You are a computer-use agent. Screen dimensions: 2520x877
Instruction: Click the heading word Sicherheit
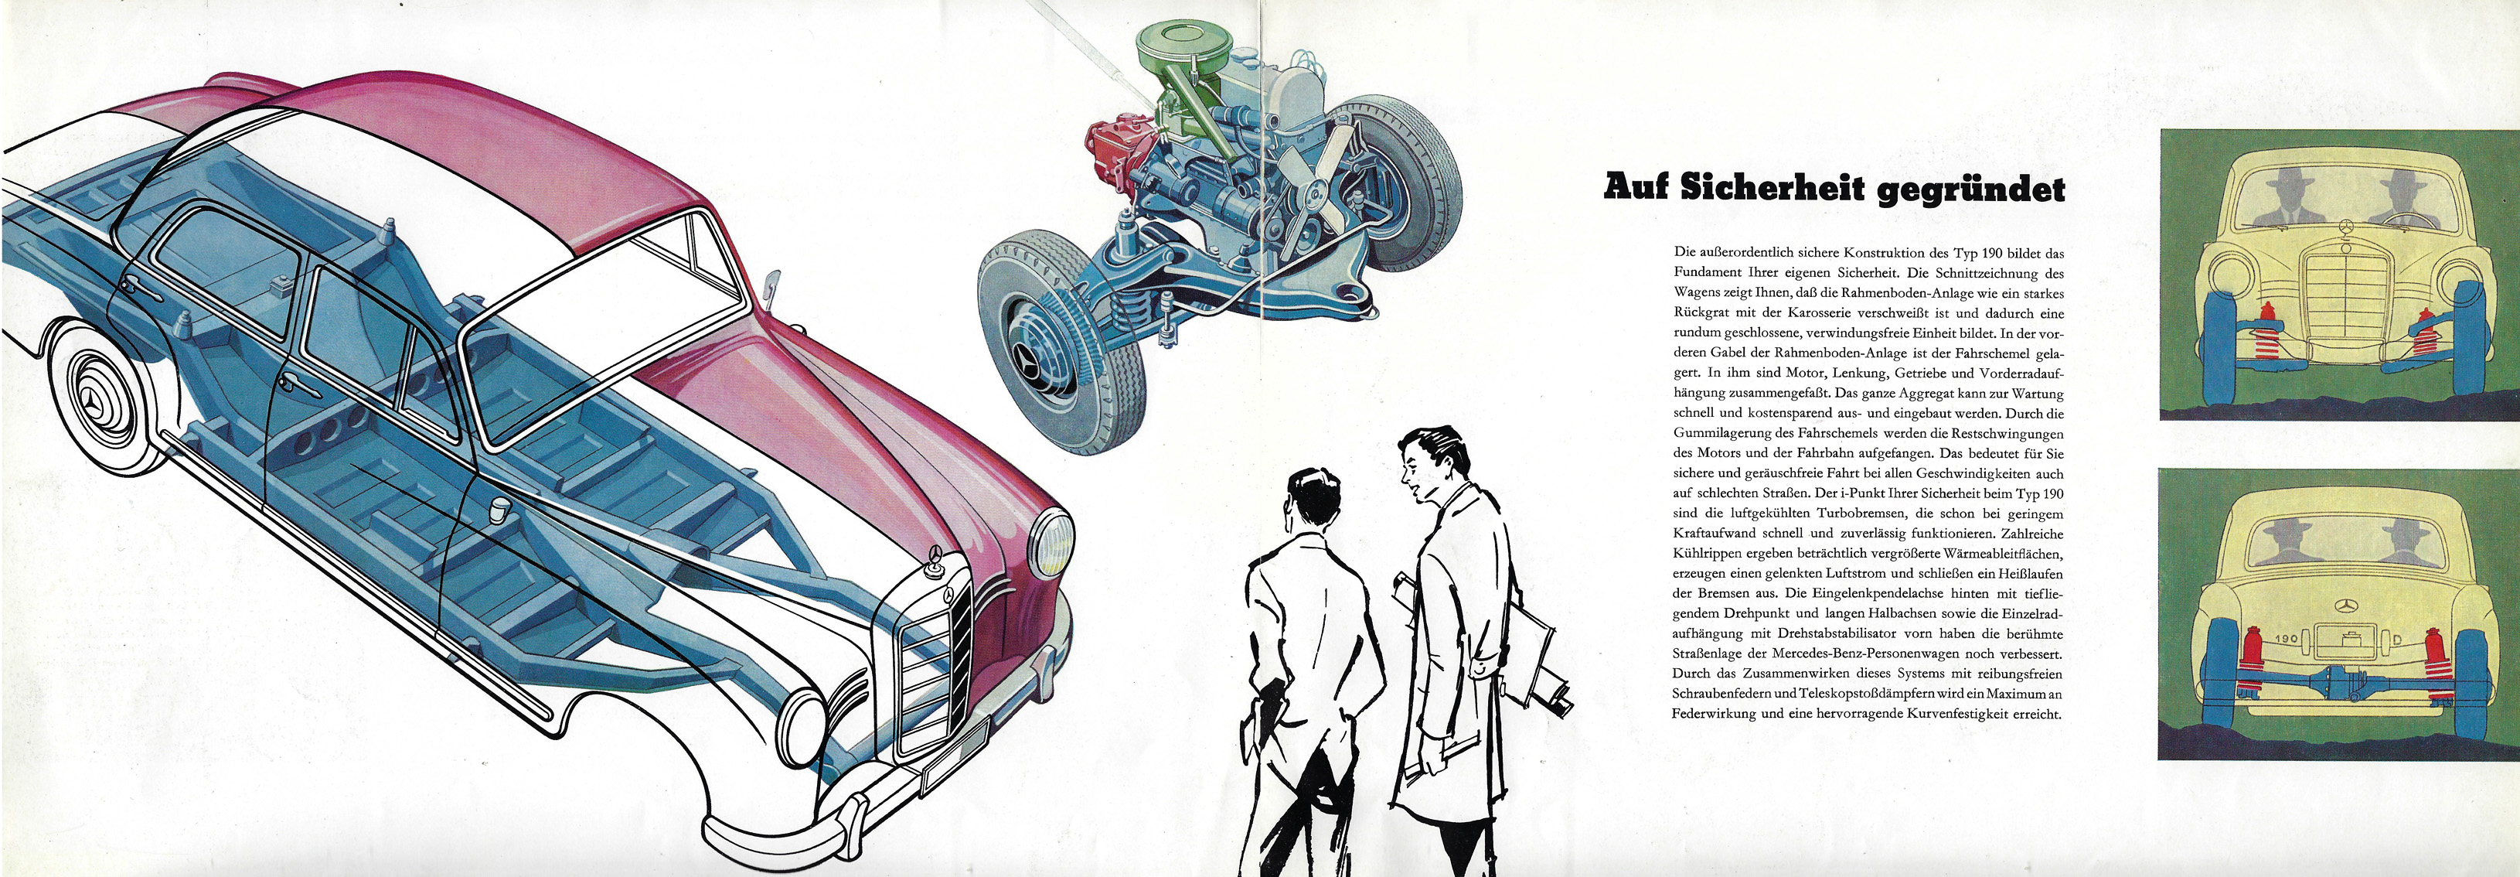click(x=1772, y=187)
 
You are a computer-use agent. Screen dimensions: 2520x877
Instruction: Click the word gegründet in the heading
click(x=1970, y=189)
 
